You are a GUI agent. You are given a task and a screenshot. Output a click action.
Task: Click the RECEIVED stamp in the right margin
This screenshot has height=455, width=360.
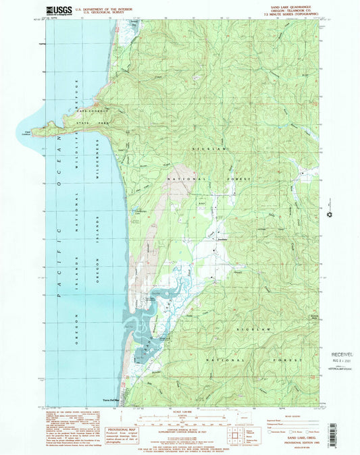click(342, 353)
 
